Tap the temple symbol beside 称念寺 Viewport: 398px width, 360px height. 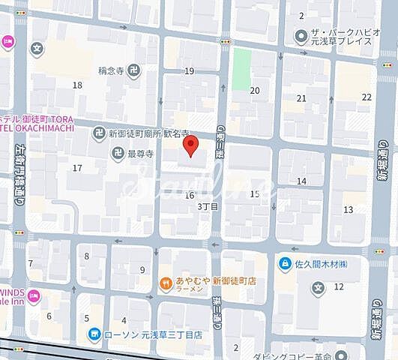[133, 72]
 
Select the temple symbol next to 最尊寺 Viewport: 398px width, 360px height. [118, 154]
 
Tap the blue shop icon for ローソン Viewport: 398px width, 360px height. [94, 334]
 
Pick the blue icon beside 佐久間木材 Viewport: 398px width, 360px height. [286, 263]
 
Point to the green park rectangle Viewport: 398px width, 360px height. [241, 69]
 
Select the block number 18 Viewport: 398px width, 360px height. [77, 85]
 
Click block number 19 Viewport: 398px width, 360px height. [189, 71]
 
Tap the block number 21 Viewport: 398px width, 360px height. [301, 98]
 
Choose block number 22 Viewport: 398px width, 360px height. [367, 97]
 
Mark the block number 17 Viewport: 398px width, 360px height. [77, 167]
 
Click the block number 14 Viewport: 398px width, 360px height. [301, 181]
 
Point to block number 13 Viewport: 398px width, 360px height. [348, 209]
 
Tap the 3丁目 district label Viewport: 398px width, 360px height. [208, 206]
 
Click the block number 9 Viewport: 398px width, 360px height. [142, 270]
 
